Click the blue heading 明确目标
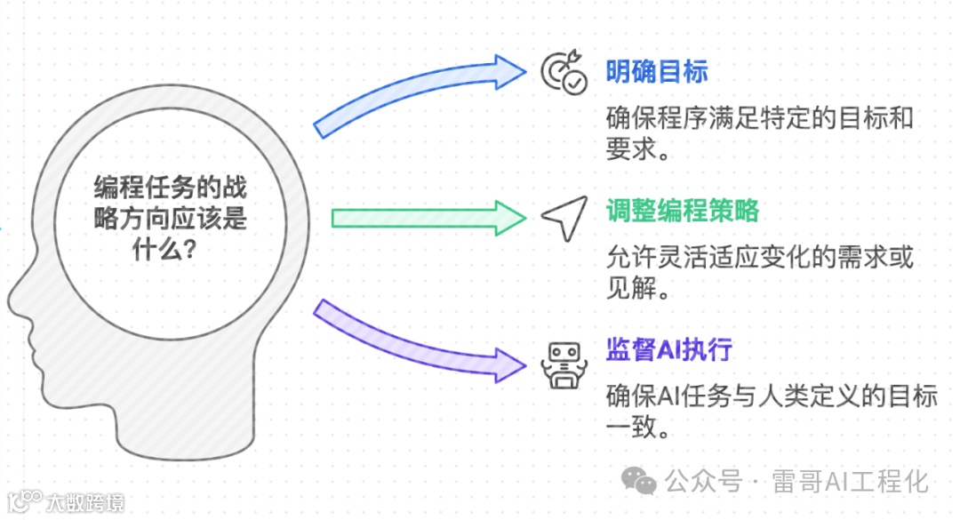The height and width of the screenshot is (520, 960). pos(656,72)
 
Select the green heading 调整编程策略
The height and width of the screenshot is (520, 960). pos(682,212)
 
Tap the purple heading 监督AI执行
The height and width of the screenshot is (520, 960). pos(668,349)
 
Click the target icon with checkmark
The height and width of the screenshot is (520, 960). pos(564,73)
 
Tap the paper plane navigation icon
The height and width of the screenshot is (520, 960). pos(564,216)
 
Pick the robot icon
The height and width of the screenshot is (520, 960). pos(564,362)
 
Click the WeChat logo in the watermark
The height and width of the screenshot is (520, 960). pos(639,481)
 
